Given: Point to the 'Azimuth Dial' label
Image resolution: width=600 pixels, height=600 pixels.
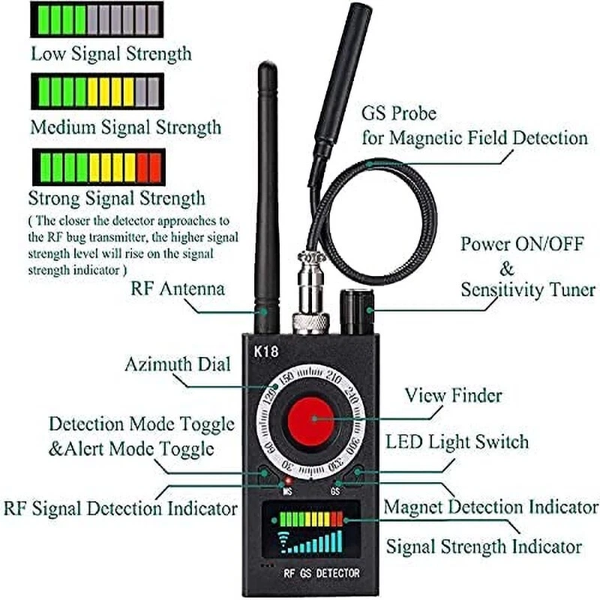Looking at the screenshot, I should click(178, 365).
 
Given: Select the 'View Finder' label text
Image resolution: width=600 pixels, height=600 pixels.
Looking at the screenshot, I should click(453, 395).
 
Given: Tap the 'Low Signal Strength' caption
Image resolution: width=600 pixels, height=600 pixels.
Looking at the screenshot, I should click(110, 54).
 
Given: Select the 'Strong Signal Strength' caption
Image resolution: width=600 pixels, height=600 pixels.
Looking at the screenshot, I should click(116, 198).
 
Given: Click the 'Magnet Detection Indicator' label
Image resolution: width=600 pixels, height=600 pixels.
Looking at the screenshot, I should click(491, 507).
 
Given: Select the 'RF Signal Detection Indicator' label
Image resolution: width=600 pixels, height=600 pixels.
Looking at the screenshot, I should click(121, 508).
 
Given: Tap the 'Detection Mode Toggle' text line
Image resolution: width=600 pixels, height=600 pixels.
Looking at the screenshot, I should click(142, 424).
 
